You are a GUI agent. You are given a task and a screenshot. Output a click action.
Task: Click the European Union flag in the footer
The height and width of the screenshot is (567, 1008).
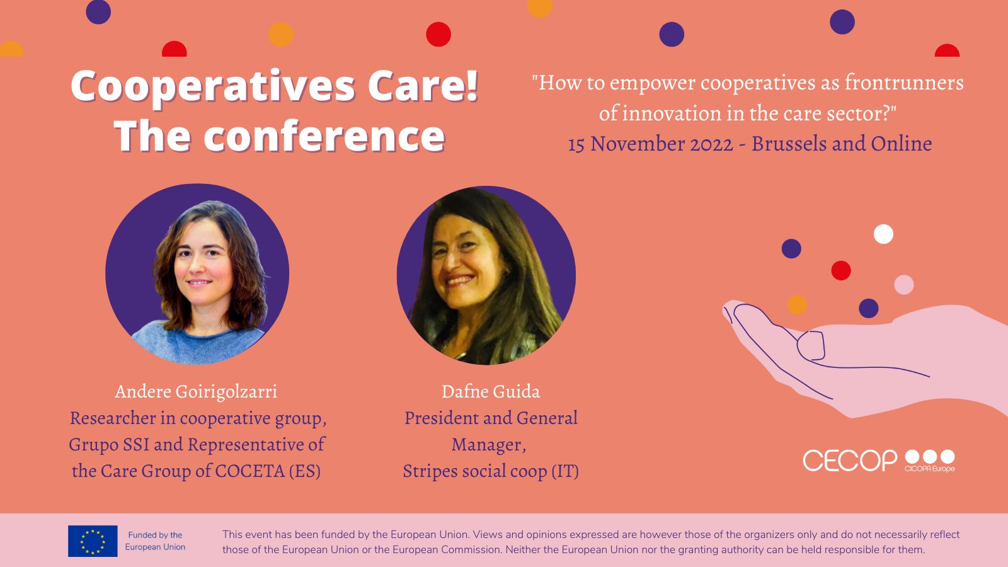pyautogui.click(x=93, y=541)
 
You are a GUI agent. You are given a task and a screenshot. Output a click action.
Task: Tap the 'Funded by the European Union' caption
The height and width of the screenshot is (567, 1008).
pyautogui.click(x=155, y=541)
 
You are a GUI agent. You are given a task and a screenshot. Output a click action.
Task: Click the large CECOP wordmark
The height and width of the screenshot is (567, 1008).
pyautogui.click(x=850, y=461)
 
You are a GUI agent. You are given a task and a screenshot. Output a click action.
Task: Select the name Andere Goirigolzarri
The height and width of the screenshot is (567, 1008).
pyautogui.click(x=196, y=391)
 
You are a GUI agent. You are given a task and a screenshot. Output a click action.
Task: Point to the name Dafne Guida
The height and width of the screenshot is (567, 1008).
pyautogui.click(x=491, y=391)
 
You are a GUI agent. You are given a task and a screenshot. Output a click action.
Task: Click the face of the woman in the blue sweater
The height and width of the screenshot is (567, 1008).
pyautogui.click(x=201, y=261)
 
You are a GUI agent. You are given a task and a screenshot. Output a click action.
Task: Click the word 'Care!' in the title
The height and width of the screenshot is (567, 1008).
pyautogui.click(x=423, y=86)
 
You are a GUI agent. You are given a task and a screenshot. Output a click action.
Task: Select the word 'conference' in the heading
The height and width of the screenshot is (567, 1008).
pyautogui.click(x=324, y=136)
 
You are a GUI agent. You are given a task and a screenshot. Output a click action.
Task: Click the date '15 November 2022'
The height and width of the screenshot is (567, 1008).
pyautogui.click(x=651, y=144)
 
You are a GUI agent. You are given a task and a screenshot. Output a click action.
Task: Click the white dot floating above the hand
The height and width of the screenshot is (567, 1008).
pyautogui.click(x=883, y=234)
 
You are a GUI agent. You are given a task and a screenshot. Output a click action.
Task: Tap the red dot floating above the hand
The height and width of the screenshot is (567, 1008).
pyautogui.click(x=840, y=270)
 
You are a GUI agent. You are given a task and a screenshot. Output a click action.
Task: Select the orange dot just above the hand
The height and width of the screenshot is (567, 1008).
pyautogui.click(x=797, y=305)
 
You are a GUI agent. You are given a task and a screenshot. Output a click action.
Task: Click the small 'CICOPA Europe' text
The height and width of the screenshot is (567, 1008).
pyautogui.click(x=930, y=469)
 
